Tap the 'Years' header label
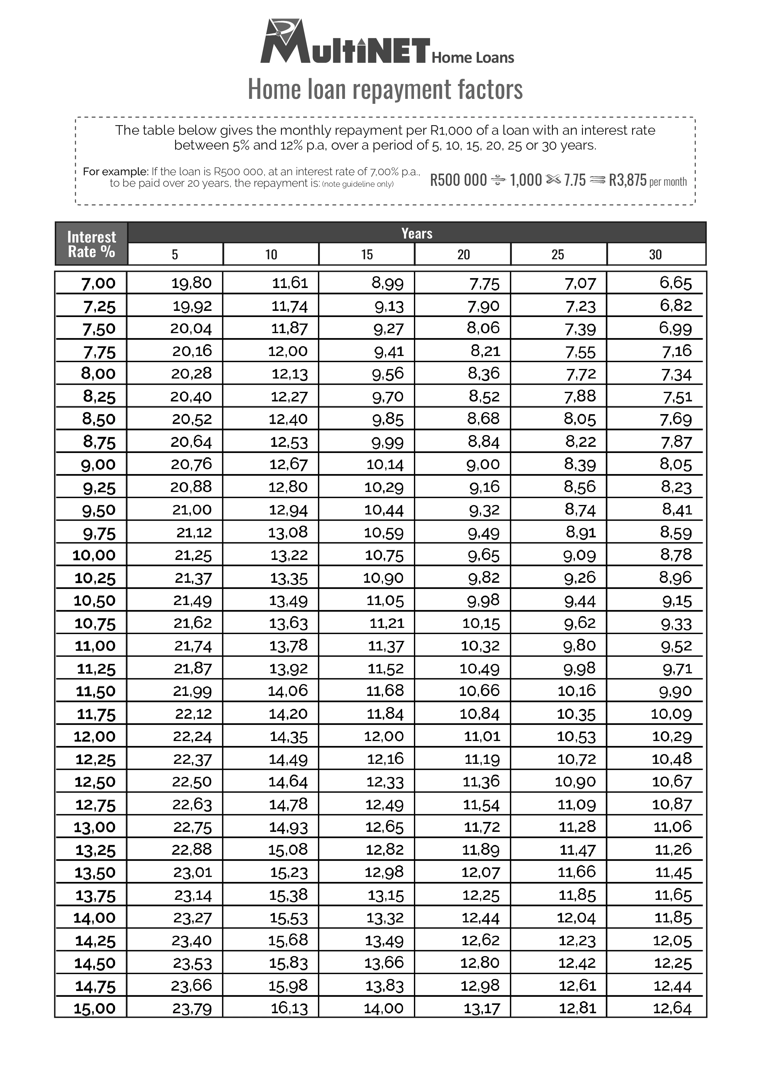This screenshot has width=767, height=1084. coord(416,233)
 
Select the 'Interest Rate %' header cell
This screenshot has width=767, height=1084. coord(91,243)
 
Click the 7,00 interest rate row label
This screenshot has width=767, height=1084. coord(98,284)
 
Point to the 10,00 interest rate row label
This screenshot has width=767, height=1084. coord(94,555)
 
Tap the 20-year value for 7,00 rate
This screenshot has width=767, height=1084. coord(484,284)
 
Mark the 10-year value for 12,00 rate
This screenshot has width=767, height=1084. coord(288,736)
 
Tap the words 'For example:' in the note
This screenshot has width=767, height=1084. coord(116,172)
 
